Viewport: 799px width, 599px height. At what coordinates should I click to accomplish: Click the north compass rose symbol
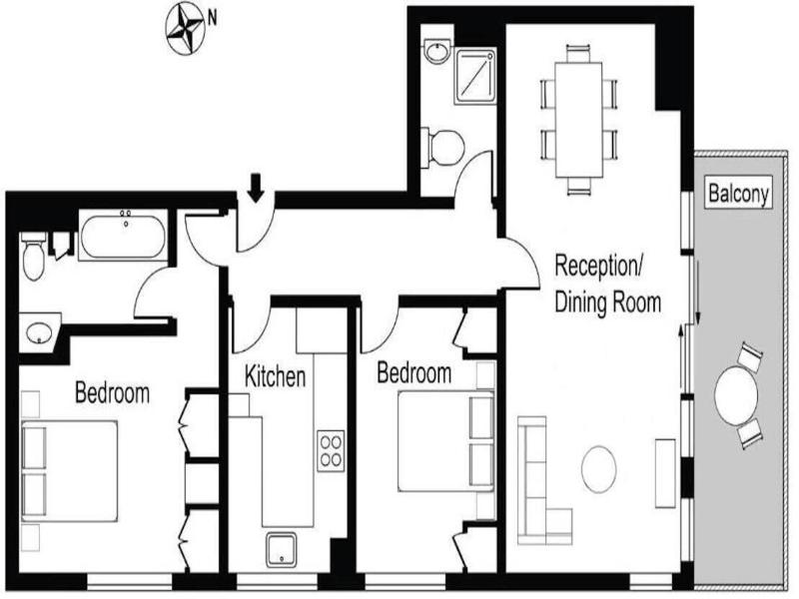[186, 28]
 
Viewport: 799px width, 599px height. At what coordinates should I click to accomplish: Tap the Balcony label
[738, 194]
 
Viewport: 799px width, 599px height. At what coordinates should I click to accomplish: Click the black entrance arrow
[256, 188]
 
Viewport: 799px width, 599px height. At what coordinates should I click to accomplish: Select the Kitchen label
[276, 376]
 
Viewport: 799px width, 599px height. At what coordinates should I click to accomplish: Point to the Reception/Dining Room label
[608, 284]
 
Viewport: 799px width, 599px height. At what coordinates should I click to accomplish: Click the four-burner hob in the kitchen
[331, 451]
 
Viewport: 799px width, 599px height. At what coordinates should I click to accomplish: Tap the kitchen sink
[282, 550]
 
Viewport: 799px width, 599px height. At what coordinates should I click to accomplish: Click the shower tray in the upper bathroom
[475, 77]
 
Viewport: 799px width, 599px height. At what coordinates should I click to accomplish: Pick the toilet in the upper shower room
[442, 147]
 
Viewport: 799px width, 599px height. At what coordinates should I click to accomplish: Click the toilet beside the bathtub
[34, 257]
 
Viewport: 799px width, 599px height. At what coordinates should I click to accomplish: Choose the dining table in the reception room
[579, 119]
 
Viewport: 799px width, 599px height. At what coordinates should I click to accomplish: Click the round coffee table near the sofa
[598, 469]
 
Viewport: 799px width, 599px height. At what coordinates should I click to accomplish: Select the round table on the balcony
[736, 395]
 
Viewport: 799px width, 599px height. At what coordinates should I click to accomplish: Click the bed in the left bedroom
[70, 471]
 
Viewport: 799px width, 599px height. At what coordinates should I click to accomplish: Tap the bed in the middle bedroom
[445, 440]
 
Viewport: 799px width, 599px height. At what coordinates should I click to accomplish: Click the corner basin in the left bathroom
[39, 332]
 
